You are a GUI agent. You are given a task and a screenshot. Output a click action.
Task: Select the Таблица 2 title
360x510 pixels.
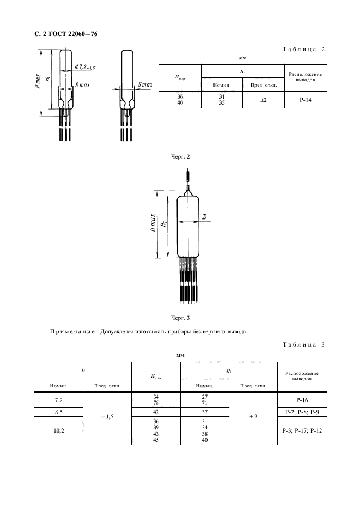click(303, 49)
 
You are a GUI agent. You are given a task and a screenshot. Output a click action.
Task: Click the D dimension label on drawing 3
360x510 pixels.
click(204, 217)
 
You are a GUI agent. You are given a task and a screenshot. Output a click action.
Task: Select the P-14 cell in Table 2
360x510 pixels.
click(305, 100)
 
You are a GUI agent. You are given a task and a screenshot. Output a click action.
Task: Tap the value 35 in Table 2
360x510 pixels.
click(221, 104)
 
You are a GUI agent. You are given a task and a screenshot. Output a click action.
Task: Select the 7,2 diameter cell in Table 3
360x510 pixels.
click(58, 399)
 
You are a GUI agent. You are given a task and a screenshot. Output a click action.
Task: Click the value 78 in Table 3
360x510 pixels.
click(156, 403)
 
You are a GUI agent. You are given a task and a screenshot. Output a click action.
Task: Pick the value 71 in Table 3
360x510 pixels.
click(205, 403)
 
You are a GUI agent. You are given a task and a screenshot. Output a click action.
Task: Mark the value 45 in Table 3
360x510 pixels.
click(156, 440)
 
